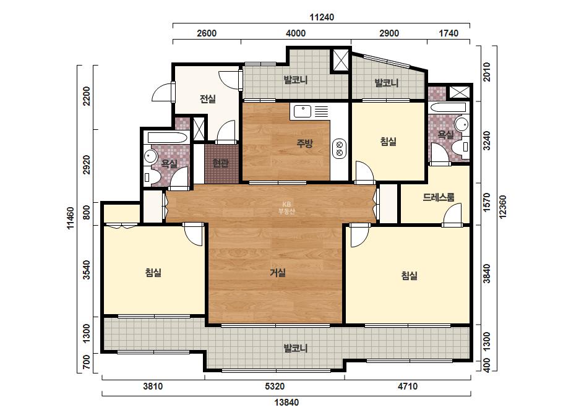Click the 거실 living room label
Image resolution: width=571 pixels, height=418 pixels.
coord(278,272)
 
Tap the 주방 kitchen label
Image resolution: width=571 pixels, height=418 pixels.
coord(304,143)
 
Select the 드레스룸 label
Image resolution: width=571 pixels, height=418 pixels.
coord(439,197)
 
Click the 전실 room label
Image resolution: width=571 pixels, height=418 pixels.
coord(208,99)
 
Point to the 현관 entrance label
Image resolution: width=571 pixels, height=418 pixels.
coord(221,163)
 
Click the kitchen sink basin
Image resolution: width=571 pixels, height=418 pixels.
coord(303,111)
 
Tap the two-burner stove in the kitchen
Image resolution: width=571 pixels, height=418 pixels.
coord(340,148)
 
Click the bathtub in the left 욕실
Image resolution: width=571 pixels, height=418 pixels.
coord(168,138)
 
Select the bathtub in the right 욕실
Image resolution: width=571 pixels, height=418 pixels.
coord(447,108)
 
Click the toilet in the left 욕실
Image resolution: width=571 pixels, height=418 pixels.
coord(152,177)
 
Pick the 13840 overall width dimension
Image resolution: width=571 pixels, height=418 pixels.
coord(286,403)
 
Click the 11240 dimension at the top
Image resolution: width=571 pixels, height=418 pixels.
coord(322,17)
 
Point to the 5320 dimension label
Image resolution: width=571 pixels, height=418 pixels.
coord(275,386)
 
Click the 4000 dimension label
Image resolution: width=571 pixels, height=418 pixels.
coord(295,33)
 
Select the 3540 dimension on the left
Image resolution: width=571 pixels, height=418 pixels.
coord(87,270)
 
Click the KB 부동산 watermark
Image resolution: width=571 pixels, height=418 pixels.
coord(286,208)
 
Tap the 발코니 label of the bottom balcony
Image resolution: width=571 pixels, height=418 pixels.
coord(295,349)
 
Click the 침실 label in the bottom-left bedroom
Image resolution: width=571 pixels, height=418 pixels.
coord(153,272)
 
